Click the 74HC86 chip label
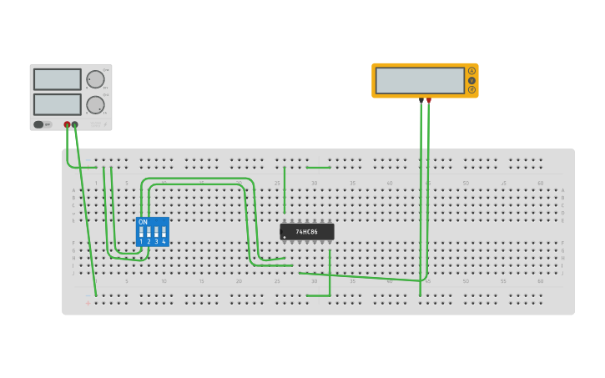[x=307, y=231]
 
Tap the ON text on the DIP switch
[x=143, y=222]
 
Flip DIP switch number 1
[x=141, y=231]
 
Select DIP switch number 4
[x=164, y=231]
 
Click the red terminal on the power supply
[x=68, y=124]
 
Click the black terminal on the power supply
[x=75, y=124]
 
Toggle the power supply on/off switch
[x=39, y=124]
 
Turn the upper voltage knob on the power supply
[x=95, y=79]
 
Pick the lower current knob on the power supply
[x=95, y=105]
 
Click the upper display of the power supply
[x=58, y=79]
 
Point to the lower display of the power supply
[x=58, y=104]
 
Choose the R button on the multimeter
[x=471, y=89]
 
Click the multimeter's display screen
[x=420, y=80]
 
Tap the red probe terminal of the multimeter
[x=429, y=100]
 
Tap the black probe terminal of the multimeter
[x=421, y=100]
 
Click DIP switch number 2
[x=149, y=231]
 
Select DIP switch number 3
[x=156, y=231]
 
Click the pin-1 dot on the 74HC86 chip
[x=285, y=237]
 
